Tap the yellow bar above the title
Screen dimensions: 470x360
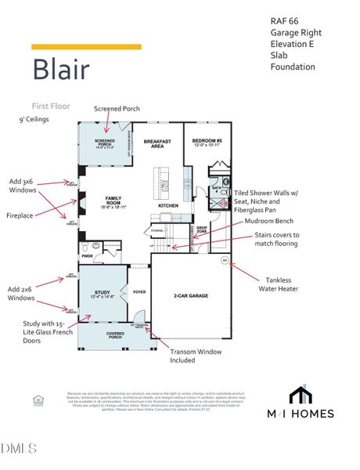pos(86,47)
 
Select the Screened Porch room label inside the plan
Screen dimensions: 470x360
pos(105,143)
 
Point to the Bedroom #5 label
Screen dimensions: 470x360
pos(207,143)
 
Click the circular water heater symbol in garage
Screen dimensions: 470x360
pos(225,260)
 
